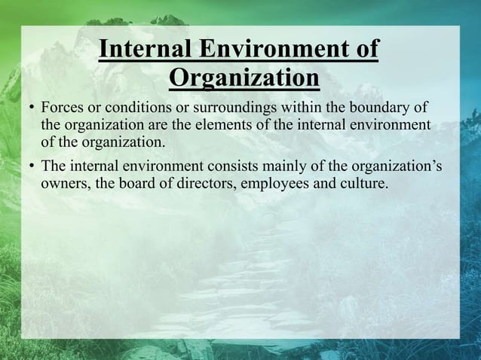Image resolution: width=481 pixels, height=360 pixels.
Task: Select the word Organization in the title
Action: point(244,78)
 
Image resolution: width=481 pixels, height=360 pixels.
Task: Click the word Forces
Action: point(62,106)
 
